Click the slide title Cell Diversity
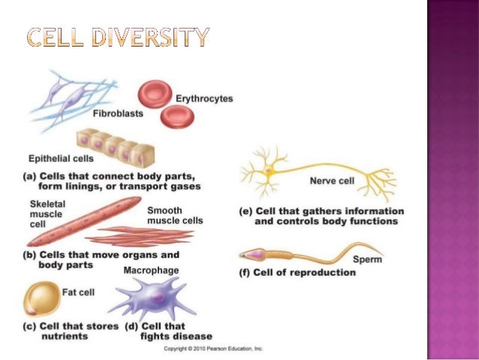(x=118, y=35)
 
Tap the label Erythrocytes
(x=204, y=98)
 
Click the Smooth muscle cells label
(x=174, y=216)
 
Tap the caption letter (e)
(x=245, y=211)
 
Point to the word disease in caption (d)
(x=192, y=336)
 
